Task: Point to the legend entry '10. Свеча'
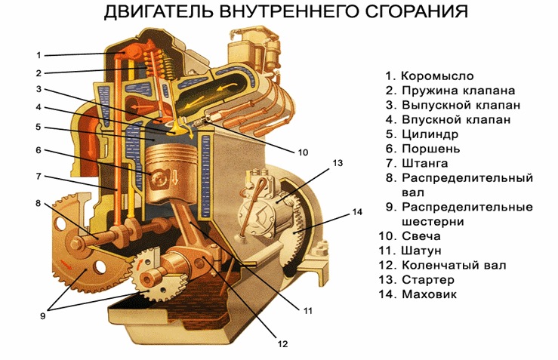click(x=413, y=235)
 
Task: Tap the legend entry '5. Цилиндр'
click(x=422, y=134)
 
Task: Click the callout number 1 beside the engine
click(x=39, y=54)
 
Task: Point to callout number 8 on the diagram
click(x=38, y=203)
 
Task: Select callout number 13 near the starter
click(x=338, y=162)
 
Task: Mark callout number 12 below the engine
click(x=282, y=344)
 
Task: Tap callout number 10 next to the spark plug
click(x=303, y=152)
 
